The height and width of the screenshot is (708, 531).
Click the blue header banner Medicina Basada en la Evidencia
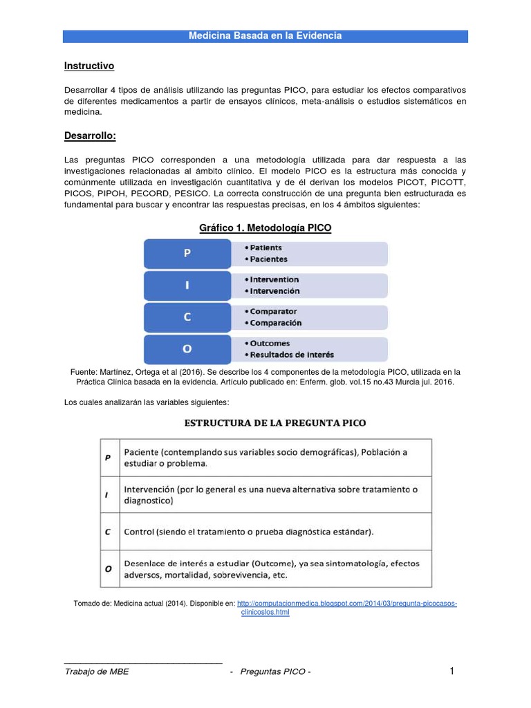pyautogui.click(x=265, y=36)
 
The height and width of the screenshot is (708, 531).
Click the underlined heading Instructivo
pyautogui.click(x=88, y=66)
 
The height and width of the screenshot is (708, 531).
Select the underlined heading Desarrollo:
pyautogui.click(x=90, y=136)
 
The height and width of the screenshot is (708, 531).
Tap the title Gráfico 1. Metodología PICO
pyautogui.click(x=265, y=228)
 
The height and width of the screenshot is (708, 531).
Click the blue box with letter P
pyautogui.click(x=187, y=254)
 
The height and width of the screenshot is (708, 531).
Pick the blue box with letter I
pyautogui.click(x=187, y=286)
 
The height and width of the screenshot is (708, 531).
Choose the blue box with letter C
pyautogui.click(x=187, y=317)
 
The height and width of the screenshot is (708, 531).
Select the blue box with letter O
pyautogui.click(x=187, y=349)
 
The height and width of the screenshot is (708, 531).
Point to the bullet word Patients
pyautogui.click(x=265, y=248)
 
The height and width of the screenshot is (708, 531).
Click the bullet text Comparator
pyautogui.click(x=273, y=312)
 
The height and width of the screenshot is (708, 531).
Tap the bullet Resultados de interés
pyautogui.click(x=292, y=355)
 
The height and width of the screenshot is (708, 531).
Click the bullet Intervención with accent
pyautogui.click(x=274, y=291)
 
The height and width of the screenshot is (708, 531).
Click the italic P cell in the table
pyautogui.click(x=107, y=457)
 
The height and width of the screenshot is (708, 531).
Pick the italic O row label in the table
pyautogui.click(x=107, y=569)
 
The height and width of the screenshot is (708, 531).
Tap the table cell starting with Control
pyautogui.click(x=249, y=532)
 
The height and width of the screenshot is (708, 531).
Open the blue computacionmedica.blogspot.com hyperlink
pyautogui.click(x=346, y=604)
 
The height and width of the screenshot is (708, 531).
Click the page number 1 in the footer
pyautogui.click(x=451, y=671)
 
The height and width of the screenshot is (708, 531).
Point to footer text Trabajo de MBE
pyautogui.click(x=96, y=672)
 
